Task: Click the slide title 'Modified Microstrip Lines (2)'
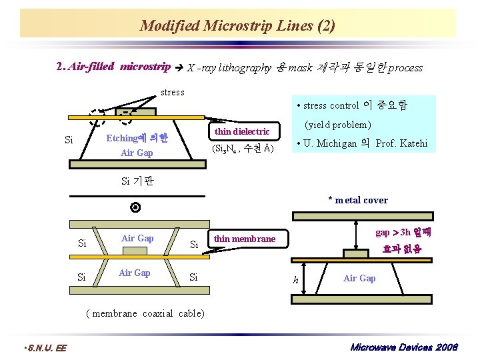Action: tap(238, 26)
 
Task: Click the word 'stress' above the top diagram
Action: tap(173, 92)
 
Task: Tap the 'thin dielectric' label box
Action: tap(242, 131)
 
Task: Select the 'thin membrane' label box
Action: tap(245, 239)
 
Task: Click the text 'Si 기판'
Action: tap(138, 180)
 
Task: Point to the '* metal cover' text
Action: tap(358, 200)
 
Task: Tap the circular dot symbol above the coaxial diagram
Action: tap(135, 208)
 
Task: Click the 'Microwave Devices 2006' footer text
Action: tap(403, 348)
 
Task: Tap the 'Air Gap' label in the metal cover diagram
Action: tap(359, 278)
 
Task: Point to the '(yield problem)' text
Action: tap(337, 125)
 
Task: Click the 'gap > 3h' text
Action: tap(393, 233)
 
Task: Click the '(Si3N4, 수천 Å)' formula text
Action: tap(241, 148)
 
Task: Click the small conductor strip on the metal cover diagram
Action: tap(355, 253)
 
